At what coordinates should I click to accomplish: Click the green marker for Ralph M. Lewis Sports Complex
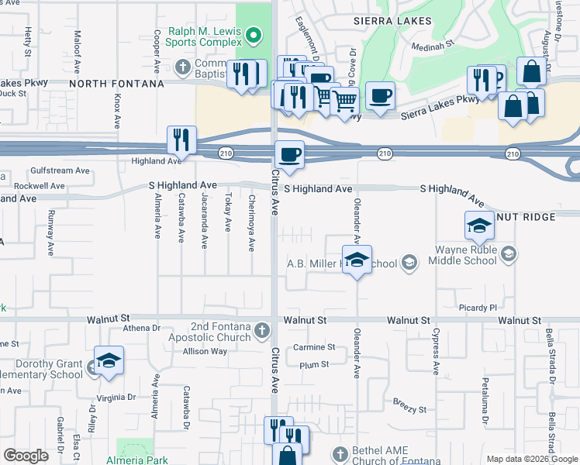pos(254,34)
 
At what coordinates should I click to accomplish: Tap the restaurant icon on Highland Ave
pos(181,140)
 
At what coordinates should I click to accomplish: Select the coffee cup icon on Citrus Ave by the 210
pos(289,153)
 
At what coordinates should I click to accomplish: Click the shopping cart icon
pos(344,101)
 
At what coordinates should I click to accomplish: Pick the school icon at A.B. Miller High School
pos(357,260)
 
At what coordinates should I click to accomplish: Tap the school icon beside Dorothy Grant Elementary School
pos(109,361)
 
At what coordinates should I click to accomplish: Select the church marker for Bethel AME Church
pos(338,453)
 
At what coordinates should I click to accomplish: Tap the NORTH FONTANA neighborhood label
pos(116,84)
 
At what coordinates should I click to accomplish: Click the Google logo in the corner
pos(26,455)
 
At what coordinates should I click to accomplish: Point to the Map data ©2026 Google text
pos(531,459)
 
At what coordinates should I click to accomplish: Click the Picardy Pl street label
pos(477,308)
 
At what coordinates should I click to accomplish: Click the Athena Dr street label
pos(140,328)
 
